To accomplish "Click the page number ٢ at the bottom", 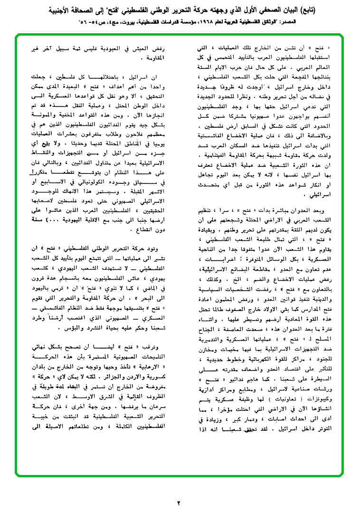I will pyautogui.click(x=179, y=503).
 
